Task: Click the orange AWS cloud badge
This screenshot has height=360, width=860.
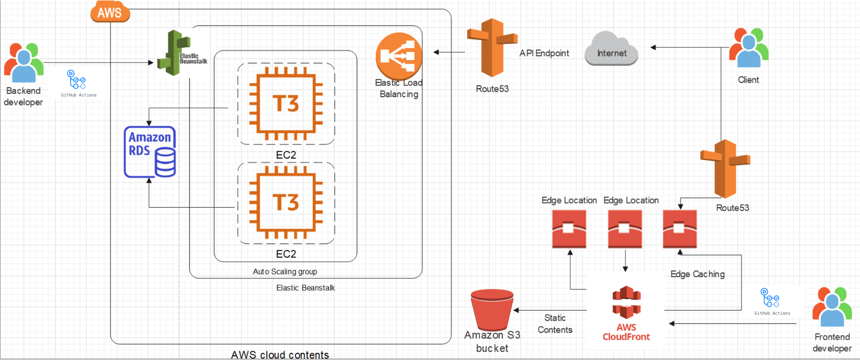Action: [110, 12]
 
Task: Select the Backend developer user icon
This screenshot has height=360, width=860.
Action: [23, 62]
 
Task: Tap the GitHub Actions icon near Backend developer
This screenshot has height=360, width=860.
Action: [77, 80]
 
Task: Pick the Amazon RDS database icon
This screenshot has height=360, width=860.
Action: [150, 152]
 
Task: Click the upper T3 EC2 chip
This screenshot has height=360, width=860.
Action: [286, 103]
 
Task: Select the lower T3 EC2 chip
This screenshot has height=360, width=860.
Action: [286, 202]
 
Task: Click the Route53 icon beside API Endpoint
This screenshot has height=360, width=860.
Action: [492, 47]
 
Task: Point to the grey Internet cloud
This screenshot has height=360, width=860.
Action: [611, 48]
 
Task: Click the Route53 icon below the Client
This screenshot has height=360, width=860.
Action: [725, 168]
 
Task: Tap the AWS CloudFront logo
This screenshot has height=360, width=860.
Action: [626, 302]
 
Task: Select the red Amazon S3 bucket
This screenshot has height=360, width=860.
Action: [492, 310]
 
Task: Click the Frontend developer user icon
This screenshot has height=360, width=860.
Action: [832, 307]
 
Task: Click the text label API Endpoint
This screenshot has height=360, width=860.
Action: [544, 53]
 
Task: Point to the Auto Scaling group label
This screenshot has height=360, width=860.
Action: [285, 272]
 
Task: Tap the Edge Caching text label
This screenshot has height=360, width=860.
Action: [697, 274]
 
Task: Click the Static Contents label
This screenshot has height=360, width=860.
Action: [555, 324]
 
